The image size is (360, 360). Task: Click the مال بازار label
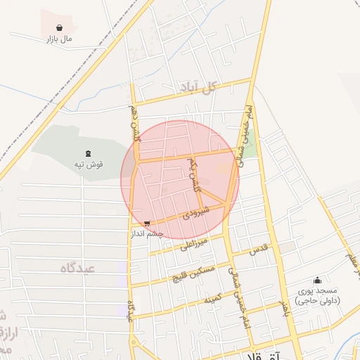[59, 39]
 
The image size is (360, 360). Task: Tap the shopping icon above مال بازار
[60, 28]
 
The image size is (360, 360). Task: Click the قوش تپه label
[89, 165]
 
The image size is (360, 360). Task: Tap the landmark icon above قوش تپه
[88, 153]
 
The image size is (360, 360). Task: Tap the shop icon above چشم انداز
[146, 224]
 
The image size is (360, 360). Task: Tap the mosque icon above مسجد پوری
[317, 280]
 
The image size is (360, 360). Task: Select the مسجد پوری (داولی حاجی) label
[317, 295]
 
